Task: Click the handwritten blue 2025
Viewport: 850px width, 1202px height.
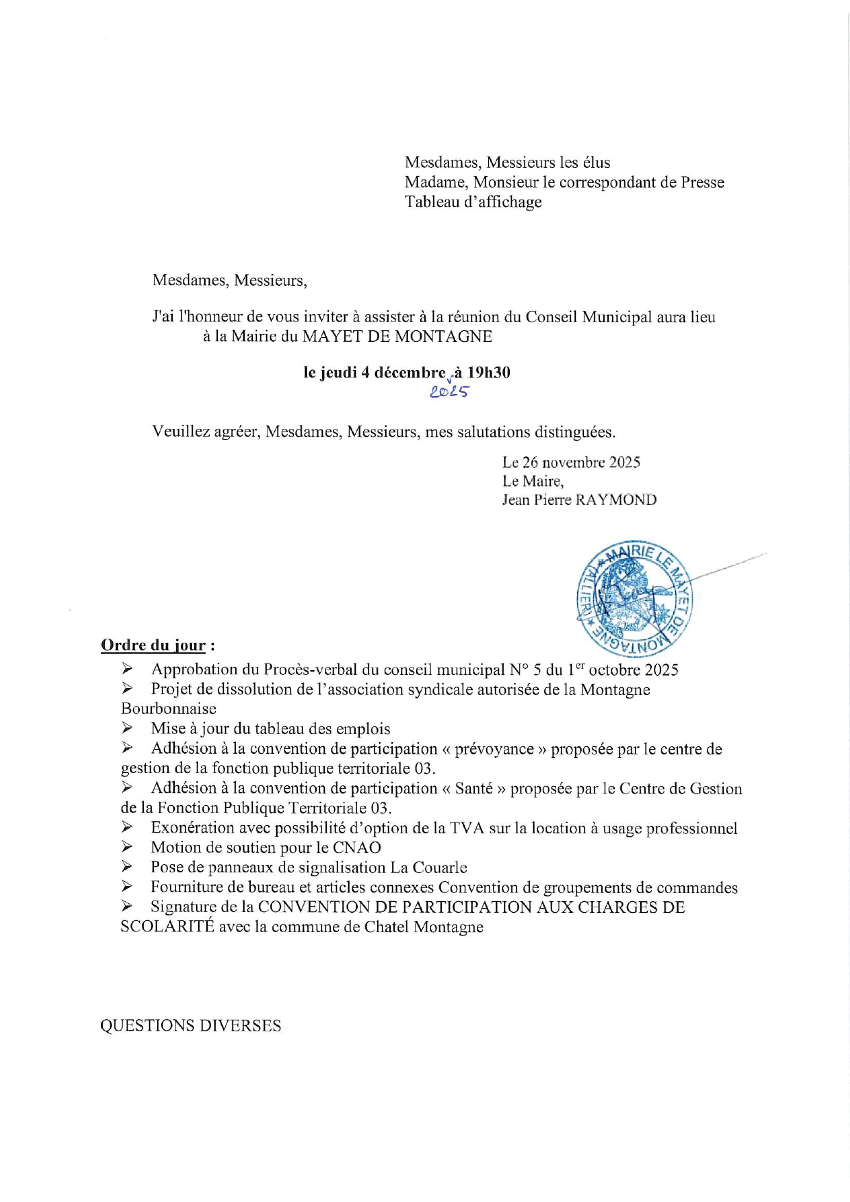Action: tap(450, 392)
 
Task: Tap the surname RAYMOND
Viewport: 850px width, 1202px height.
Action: tap(616, 500)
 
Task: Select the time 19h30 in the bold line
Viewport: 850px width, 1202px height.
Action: tap(489, 373)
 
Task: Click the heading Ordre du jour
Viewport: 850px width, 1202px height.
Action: tap(154, 645)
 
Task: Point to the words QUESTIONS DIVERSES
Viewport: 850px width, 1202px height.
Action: tap(191, 1025)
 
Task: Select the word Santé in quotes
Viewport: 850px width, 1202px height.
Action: tap(474, 789)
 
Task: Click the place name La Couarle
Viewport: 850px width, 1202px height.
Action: tap(428, 868)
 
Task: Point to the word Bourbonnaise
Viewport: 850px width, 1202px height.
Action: tap(169, 709)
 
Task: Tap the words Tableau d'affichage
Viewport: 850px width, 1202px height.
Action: tap(473, 202)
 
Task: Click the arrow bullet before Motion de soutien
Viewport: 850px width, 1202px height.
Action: tap(127, 847)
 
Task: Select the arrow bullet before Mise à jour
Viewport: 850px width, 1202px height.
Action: tap(127, 728)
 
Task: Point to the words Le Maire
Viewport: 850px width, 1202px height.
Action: tap(533, 481)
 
